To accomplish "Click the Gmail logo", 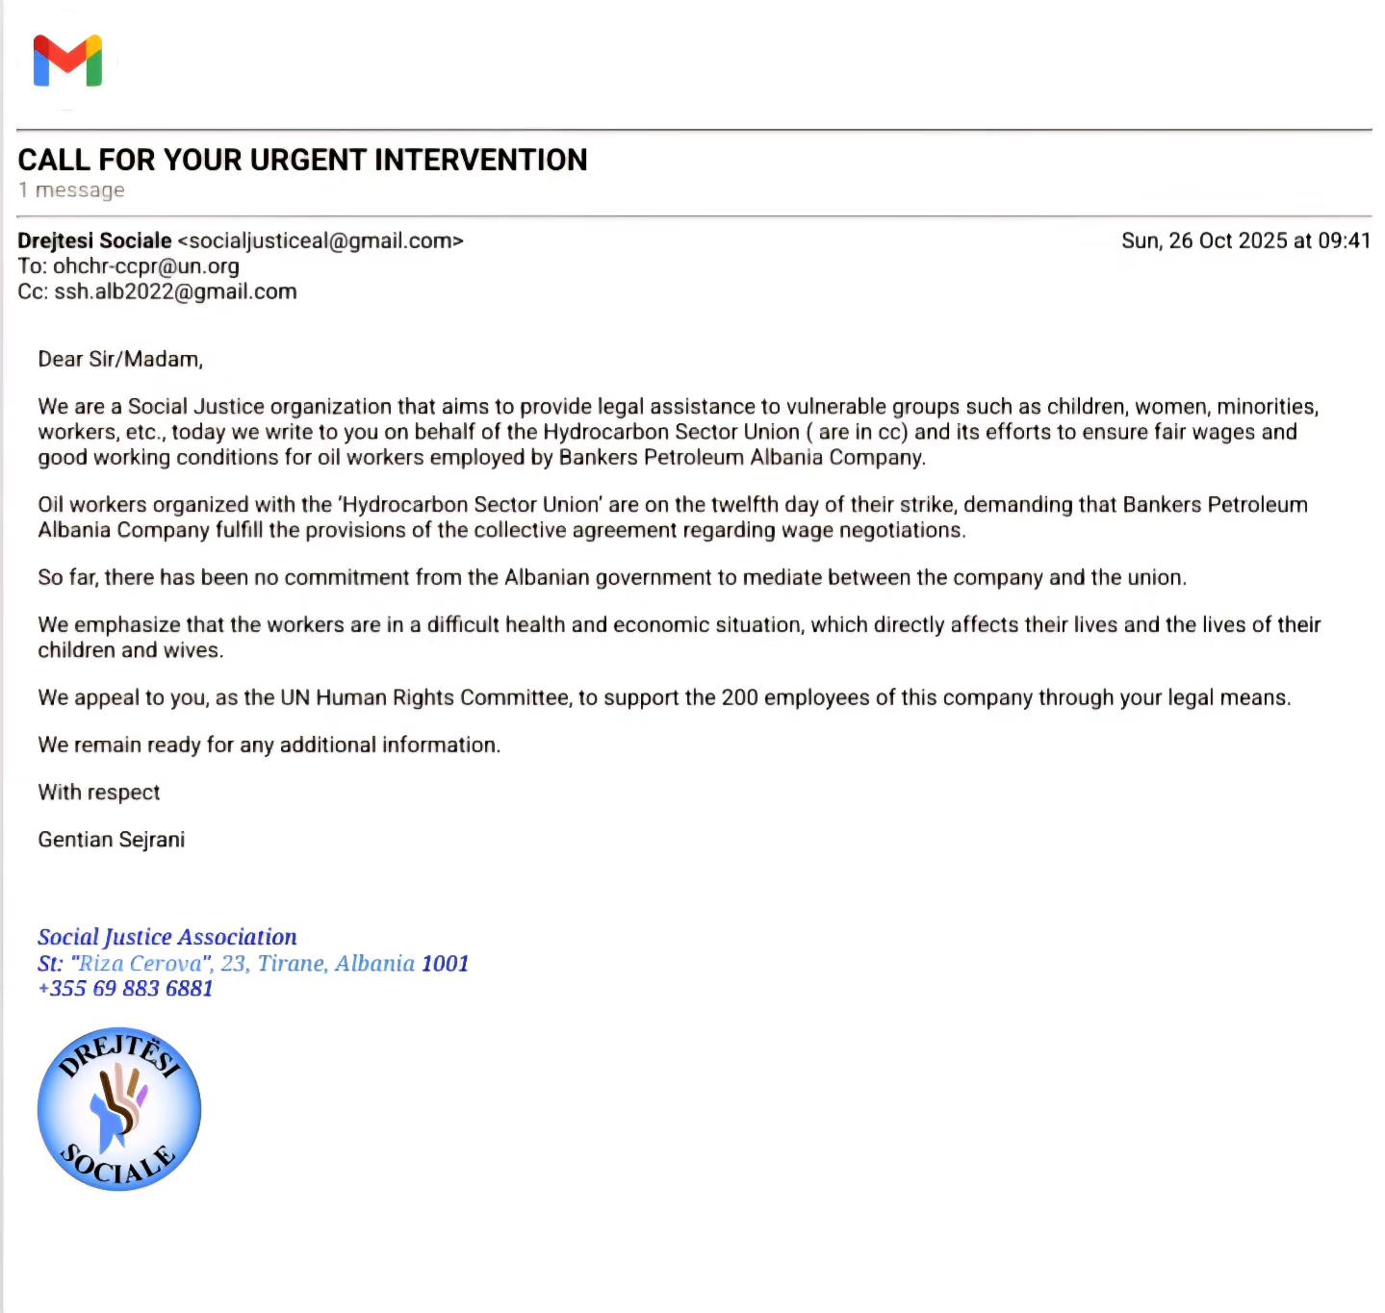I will coord(67,61).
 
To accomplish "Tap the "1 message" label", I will coord(71,190).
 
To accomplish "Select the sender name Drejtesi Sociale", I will coord(94,240).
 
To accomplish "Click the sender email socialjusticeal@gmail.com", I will coord(321,240).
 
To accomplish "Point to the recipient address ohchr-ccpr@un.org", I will coord(145,266).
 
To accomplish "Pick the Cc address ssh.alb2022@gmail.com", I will coord(175,291).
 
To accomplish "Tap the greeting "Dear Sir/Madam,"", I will coord(120,360).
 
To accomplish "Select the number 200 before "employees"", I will coord(739,697).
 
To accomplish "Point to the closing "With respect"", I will coord(99,793).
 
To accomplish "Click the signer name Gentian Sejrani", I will coord(112,840).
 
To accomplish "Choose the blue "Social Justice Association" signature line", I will coord(167,937).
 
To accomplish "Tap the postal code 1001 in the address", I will coord(445,963).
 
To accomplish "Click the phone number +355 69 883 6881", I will coord(125,989).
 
